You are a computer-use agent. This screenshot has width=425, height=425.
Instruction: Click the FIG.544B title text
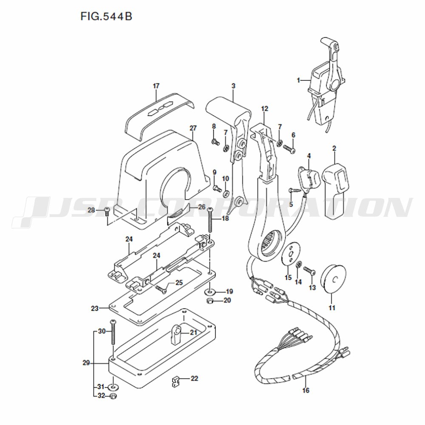[x=106, y=16]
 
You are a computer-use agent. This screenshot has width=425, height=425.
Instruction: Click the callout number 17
[x=156, y=86]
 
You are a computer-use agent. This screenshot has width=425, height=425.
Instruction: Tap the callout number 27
[x=193, y=127]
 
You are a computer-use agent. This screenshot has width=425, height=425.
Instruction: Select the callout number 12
[x=264, y=108]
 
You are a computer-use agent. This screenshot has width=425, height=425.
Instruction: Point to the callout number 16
[x=306, y=390]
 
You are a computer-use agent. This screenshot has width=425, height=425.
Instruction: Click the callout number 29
[x=86, y=363]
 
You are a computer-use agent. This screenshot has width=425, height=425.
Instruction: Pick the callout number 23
[x=95, y=308]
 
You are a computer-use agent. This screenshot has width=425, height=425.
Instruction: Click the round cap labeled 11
[x=333, y=280]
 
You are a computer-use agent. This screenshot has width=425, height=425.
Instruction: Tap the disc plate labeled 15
[x=290, y=255]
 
